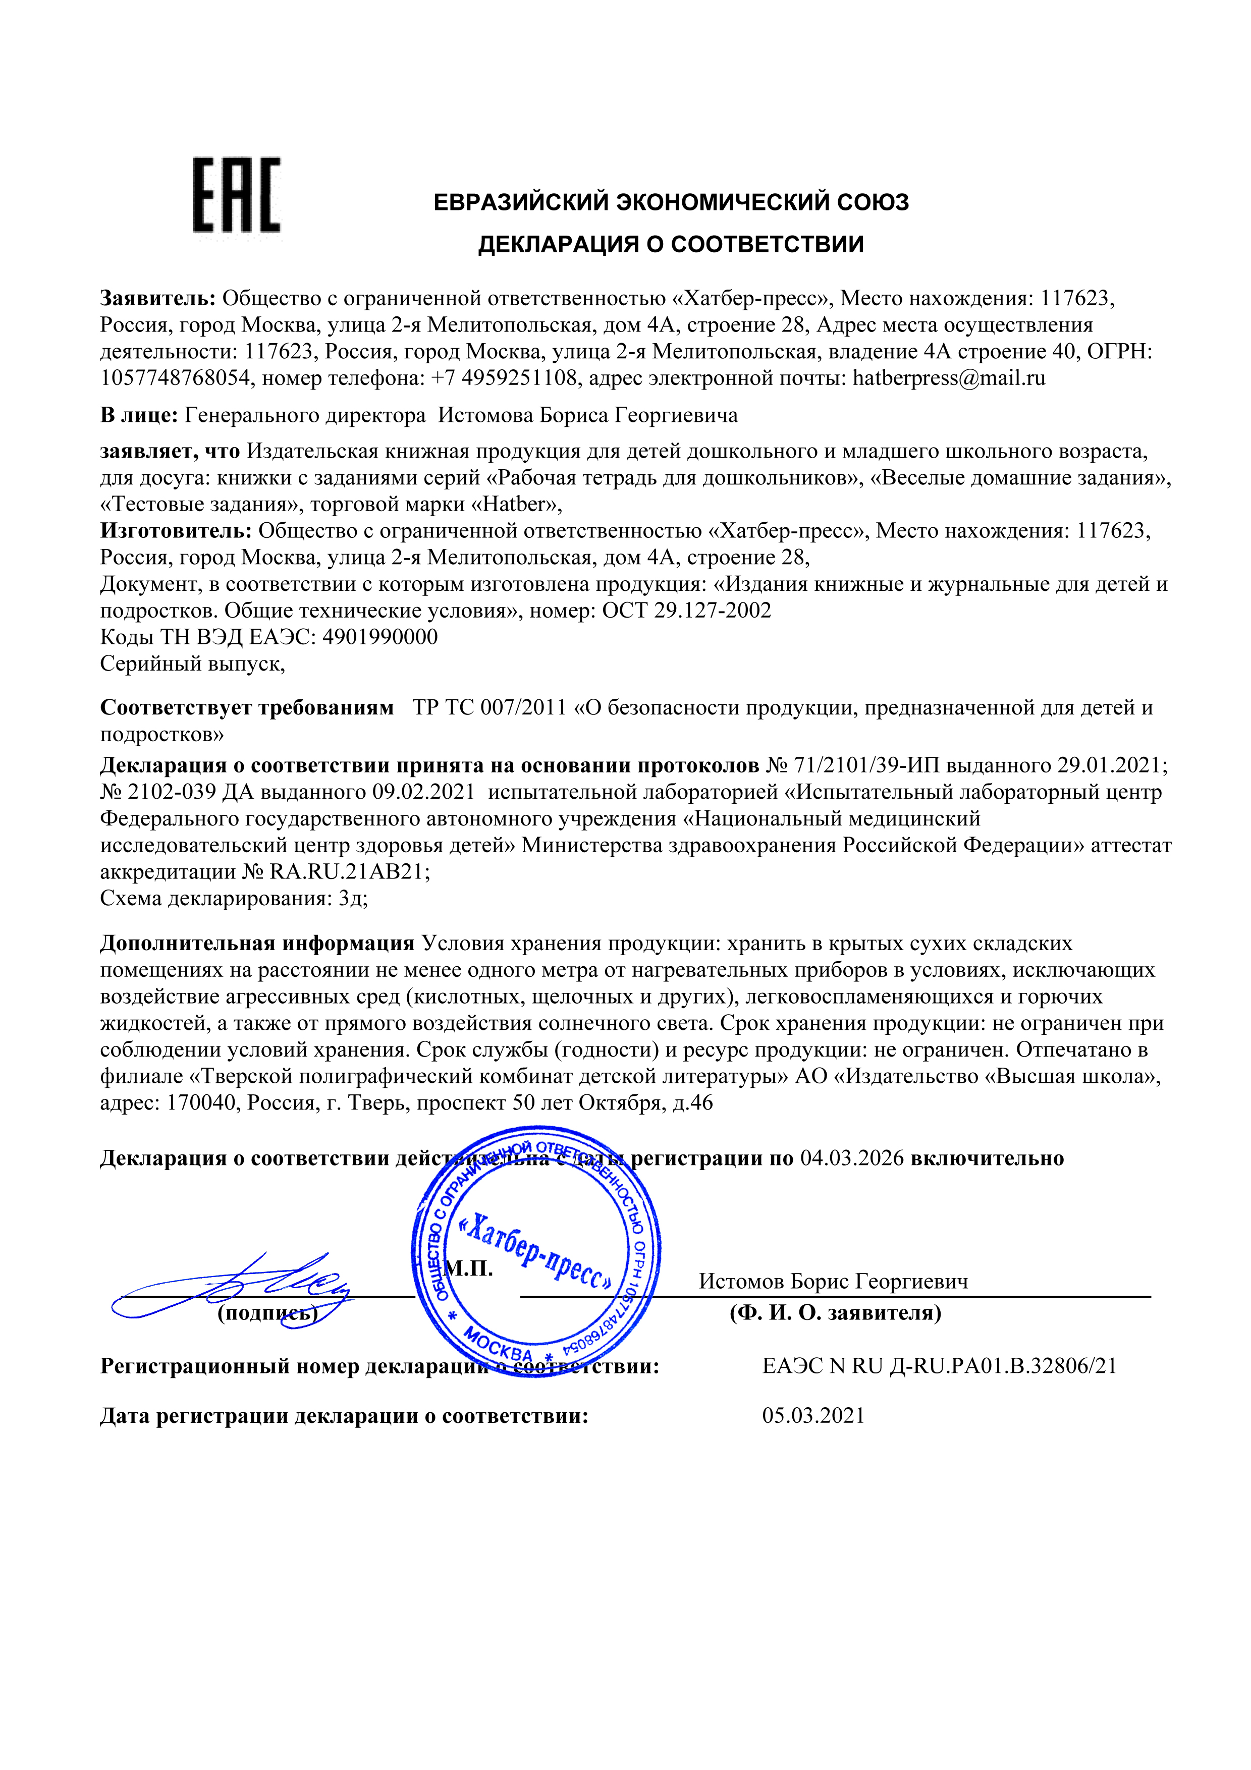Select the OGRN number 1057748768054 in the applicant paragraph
175,378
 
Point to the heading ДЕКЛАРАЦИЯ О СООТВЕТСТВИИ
671,244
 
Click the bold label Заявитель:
158,298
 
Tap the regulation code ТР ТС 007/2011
490,708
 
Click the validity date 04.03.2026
852,1158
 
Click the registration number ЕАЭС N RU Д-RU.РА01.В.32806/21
939,1366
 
